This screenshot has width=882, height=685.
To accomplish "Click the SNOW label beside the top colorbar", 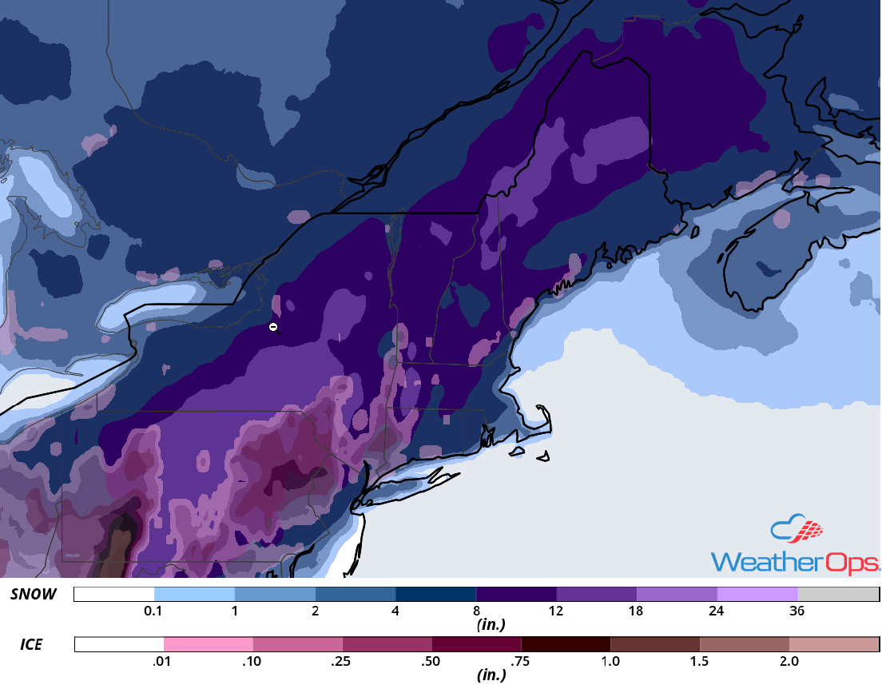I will pyautogui.click(x=33, y=594).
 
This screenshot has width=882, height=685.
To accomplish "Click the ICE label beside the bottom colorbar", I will pyautogui.click(x=33, y=643).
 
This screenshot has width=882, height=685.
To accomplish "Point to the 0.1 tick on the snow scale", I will pyautogui.click(x=154, y=611).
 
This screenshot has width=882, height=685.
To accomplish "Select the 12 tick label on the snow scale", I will pyautogui.click(x=556, y=611).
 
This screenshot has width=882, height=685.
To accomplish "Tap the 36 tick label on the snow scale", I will pyautogui.click(x=797, y=611).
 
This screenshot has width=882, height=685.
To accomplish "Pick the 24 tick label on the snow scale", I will pyautogui.click(x=717, y=611).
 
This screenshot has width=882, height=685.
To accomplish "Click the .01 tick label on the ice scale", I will pyautogui.click(x=164, y=661).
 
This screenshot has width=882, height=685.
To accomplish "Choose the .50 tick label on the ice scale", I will pyautogui.click(x=431, y=661).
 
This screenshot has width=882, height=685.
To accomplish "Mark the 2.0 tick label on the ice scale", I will pyautogui.click(x=789, y=661).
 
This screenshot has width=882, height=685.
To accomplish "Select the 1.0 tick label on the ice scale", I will pyautogui.click(x=610, y=661).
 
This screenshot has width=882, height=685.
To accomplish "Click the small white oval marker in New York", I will pyautogui.click(x=273, y=326).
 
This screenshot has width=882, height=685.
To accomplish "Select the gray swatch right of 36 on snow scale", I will pyautogui.click(x=838, y=594).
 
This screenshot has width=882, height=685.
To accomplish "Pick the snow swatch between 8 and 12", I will pyautogui.click(x=516, y=594).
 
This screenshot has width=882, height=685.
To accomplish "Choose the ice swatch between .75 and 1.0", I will pyautogui.click(x=566, y=644).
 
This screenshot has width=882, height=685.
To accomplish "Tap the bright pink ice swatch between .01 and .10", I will pyautogui.click(x=209, y=644).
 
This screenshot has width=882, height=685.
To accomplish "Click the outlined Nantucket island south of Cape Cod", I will pyautogui.click(x=543, y=458).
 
